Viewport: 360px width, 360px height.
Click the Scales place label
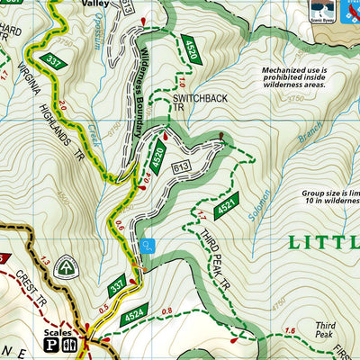pyautogui.click(x=57, y=330)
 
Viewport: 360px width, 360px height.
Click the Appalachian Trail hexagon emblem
pyautogui.click(x=66, y=267)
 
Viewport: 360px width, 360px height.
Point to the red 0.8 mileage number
pyautogui.click(x=166, y=312)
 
